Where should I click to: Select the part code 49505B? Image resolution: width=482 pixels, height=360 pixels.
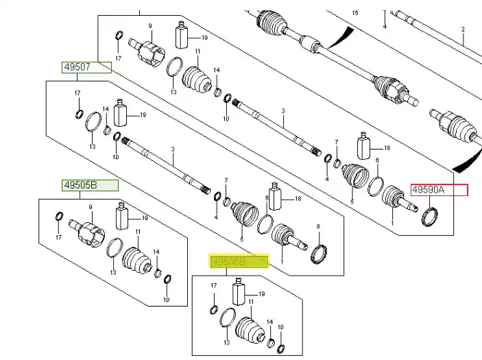coord(80,185)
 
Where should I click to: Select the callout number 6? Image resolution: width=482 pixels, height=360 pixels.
coord(337,142)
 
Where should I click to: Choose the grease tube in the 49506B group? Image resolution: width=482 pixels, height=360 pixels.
coord(240,293)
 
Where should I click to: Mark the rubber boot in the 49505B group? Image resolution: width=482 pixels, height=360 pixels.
coord(136,261)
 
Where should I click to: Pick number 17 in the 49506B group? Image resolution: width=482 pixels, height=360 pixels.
coord(213,285)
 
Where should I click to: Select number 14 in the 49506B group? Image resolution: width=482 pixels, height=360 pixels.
coord(269,321)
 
